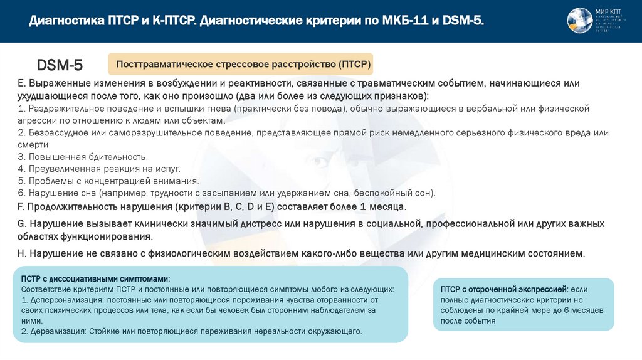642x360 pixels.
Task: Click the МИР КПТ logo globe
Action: pyautogui.click(x=579, y=20)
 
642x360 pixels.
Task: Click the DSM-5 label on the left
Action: pyautogui.click(x=60, y=65)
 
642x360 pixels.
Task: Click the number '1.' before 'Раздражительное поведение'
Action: pyautogui.click(x=22, y=109)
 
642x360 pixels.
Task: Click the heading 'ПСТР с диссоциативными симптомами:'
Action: pyautogui.click(x=95, y=278)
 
